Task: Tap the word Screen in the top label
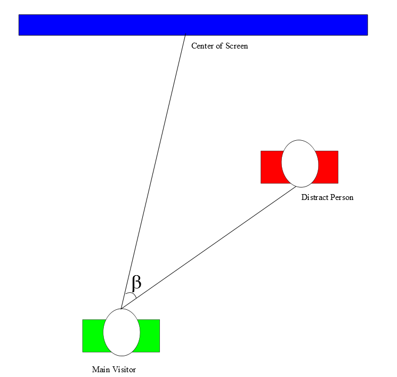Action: pyautogui.click(x=236, y=46)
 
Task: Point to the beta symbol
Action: pyautogui.click(x=136, y=282)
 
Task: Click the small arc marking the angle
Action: pyautogui.click(x=131, y=295)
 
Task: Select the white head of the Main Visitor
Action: pyautogui.click(x=121, y=332)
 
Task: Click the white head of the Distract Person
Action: pyautogui.click(x=300, y=164)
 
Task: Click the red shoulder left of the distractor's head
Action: pyautogui.click(x=271, y=167)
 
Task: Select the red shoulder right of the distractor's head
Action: pyautogui.click(x=328, y=167)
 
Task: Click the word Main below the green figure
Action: pyautogui.click(x=101, y=370)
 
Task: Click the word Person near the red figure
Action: pyautogui.click(x=342, y=197)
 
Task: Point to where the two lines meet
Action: pyautogui.click(x=121, y=308)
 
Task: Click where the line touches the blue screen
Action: pyautogui.click(x=185, y=36)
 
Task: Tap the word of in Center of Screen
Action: pyautogui.click(x=220, y=46)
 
